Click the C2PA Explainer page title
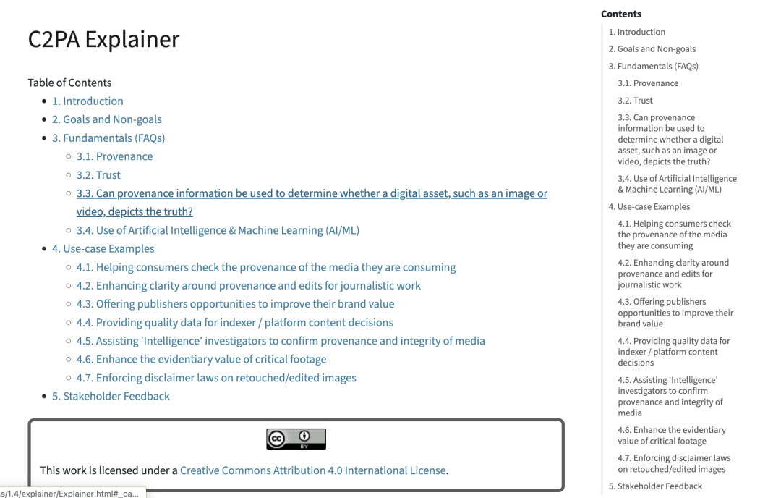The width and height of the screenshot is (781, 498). click(103, 39)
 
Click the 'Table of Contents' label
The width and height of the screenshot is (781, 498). click(69, 83)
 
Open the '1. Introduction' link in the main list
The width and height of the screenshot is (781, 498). click(88, 101)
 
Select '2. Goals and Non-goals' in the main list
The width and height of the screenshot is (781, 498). click(106, 119)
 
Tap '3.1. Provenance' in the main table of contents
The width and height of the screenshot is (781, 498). click(114, 156)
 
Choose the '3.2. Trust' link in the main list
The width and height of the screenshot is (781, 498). click(98, 175)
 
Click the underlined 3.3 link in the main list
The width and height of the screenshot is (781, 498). click(312, 194)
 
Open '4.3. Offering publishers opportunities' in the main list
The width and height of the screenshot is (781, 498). click(235, 304)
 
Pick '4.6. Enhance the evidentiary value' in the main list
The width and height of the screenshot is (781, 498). click(201, 359)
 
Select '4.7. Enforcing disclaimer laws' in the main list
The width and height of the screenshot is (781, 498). click(216, 378)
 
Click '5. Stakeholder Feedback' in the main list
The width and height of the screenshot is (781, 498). click(111, 396)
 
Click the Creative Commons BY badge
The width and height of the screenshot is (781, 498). click(296, 439)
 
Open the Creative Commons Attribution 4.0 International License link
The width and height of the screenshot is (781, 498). click(312, 470)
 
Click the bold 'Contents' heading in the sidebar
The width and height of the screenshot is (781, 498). click(621, 14)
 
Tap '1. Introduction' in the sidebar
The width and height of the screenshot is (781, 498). click(637, 32)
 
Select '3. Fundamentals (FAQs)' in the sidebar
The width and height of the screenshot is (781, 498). click(654, 66)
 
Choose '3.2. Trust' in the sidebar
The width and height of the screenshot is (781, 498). click(635, 101)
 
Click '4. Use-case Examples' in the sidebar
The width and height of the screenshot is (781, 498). click(649, 207)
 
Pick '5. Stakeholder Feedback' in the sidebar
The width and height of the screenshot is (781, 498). click(655, 486)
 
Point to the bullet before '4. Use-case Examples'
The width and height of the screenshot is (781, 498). click(45, 249)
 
